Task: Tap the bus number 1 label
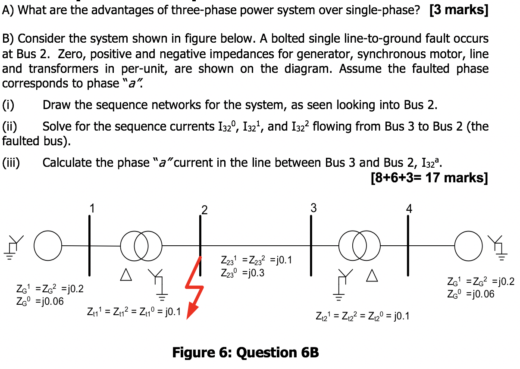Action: pos(91,208)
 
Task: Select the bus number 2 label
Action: pos(204,210)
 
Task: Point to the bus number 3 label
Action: pos(313,208)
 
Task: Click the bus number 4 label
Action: pos(409,209)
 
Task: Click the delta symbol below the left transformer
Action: pos(125,275)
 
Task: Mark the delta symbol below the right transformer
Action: pos(371,275)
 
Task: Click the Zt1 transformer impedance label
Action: pos(134,312)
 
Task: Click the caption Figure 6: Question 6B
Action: pos(245,353)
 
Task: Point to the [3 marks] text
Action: pos(458,9)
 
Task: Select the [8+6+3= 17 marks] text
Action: pos(429,177)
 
